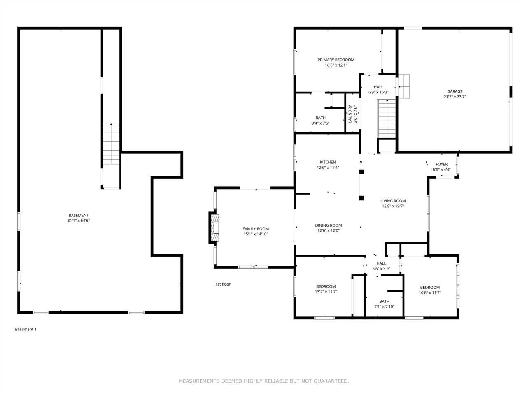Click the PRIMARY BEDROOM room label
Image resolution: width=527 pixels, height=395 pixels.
(x=336, y=60)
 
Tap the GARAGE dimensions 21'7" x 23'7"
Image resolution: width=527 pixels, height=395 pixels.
(x=455, y=97)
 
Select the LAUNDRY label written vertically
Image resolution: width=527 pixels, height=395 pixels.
(x=350, y=114)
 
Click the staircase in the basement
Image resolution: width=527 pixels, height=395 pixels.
(x=111, y=144)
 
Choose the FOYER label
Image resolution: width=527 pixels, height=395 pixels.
(x=442, y=164)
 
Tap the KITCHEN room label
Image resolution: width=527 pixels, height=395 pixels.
(x=328, y=162)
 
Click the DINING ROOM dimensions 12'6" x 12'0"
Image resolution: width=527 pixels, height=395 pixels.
(x=328, y=230)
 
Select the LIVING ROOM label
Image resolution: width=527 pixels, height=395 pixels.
(x=393, y=201)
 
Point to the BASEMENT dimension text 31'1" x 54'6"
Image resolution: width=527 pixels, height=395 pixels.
(x=79, y=221)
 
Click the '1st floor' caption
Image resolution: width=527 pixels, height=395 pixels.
(x=223, y=284)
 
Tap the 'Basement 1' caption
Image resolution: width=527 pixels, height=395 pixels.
(x=26, y=329)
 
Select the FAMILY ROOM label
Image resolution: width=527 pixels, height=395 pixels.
(x=256, y=229)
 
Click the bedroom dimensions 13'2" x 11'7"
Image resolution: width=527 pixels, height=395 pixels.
(x=326, y=292)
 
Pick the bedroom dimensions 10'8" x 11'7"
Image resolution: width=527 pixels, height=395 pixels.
(x=430, y=293)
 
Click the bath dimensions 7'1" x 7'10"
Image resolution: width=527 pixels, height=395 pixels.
(x=385, y=307)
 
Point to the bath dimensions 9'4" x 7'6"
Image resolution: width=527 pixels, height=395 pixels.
(x=320, y=123)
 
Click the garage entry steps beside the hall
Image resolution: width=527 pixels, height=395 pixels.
(x=404, y=86)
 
